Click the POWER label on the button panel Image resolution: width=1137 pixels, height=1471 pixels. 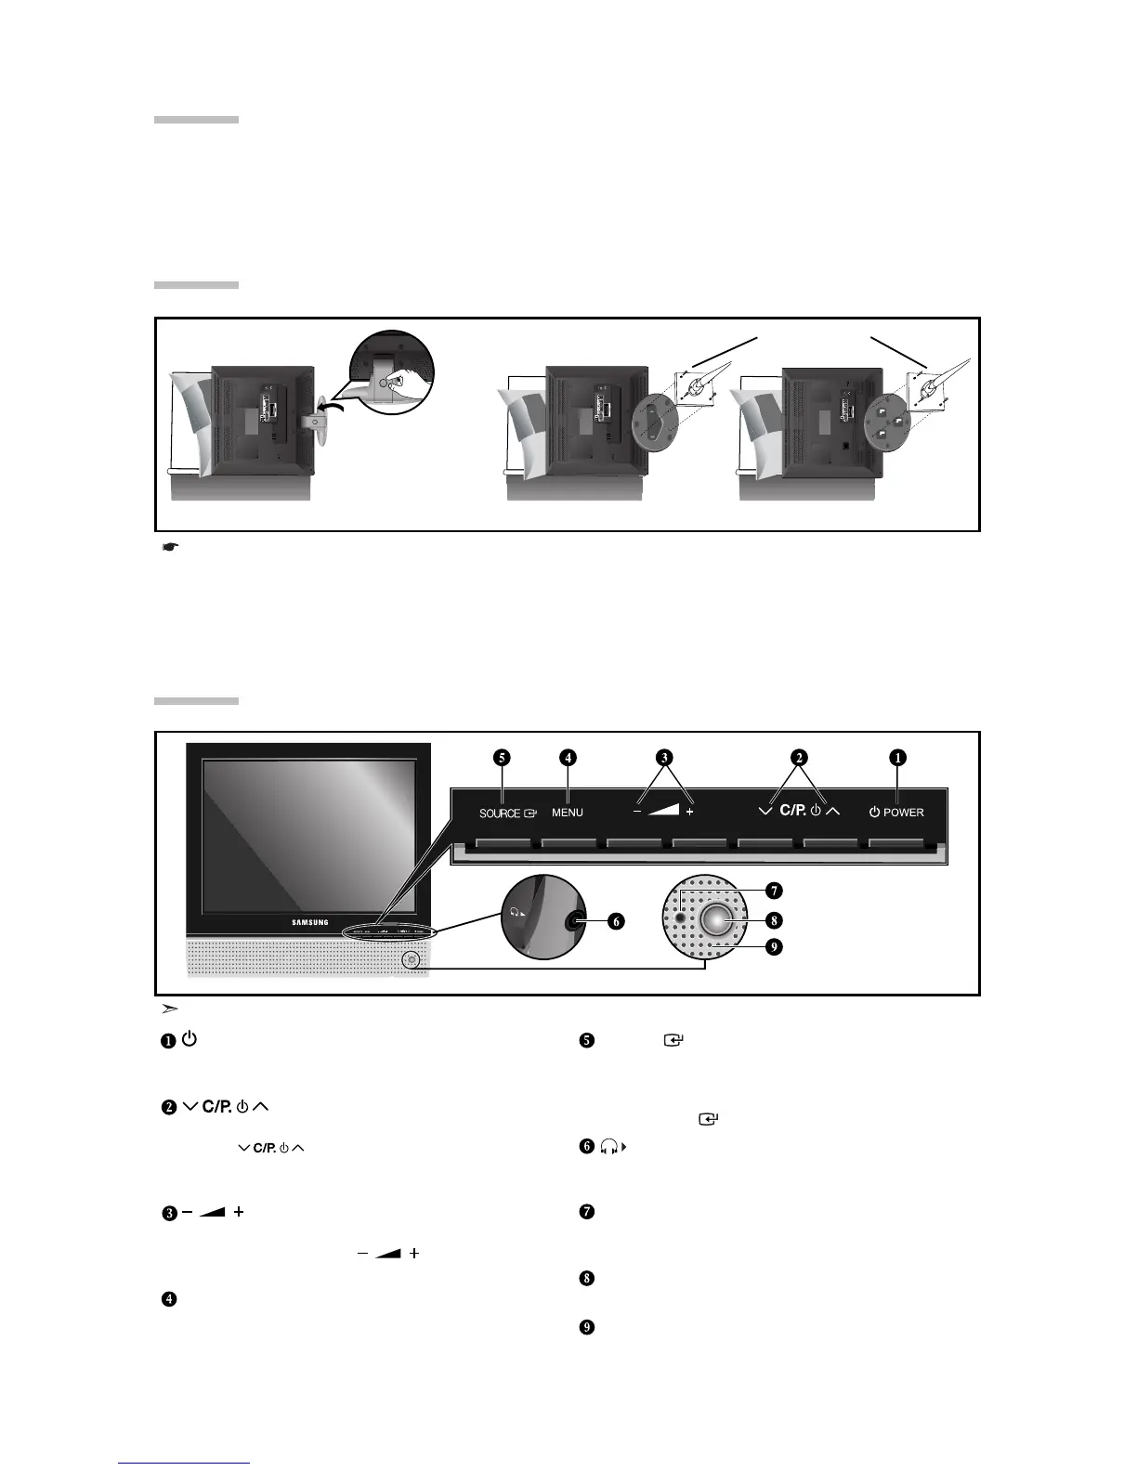[x=903, y=813]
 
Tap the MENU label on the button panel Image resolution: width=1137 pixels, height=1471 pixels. [x=568, y=813]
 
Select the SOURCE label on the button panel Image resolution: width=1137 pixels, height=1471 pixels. [x=500, y=814]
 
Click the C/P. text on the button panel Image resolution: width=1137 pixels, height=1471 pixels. [x=792, y=811]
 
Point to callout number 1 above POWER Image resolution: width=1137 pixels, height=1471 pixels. [x=897, y=757]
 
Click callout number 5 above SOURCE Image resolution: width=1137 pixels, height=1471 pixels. [x=502, y=757]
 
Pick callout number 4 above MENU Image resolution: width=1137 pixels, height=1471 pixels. [x=568, y=757]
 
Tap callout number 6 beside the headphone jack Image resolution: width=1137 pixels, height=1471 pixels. [x=615, y=922]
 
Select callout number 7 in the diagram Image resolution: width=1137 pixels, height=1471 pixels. [x=774, y=891]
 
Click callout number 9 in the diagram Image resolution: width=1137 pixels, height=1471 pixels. [x=774, y=947]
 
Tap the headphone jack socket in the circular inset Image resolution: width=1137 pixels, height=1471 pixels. [x=576, y=921]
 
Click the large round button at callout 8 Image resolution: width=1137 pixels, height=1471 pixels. [x=717, y=920]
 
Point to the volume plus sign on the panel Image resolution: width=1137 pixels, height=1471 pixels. [x=689, y=813]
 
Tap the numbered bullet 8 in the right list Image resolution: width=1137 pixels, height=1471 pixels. [x=586, y=1278]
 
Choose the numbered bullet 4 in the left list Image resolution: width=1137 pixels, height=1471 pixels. [x=169, y=1299]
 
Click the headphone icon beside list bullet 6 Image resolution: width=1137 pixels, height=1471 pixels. [x=613, y=1147]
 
